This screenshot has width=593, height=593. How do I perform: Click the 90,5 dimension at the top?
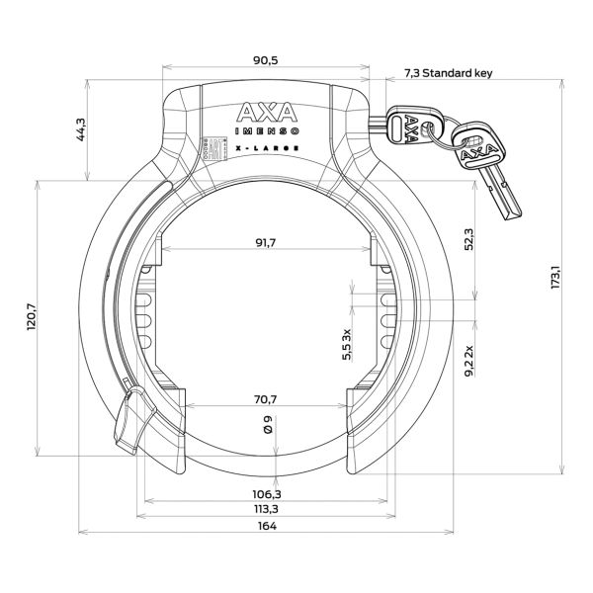coord(265,60)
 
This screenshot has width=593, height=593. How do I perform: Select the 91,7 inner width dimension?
coord(264,242)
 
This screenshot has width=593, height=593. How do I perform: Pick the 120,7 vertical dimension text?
coord(32,317)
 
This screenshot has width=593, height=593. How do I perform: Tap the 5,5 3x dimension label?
coord(347,345)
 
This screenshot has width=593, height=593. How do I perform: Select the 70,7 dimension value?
coord(266,400)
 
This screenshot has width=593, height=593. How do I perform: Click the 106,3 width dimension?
coord(265,493)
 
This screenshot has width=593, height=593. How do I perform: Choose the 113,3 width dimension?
coord(265,509)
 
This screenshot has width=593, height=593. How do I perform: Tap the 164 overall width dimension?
coord(265,526)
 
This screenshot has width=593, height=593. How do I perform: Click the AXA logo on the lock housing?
coord(264,112)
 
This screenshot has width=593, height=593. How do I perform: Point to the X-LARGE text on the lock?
coord(264,151)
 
